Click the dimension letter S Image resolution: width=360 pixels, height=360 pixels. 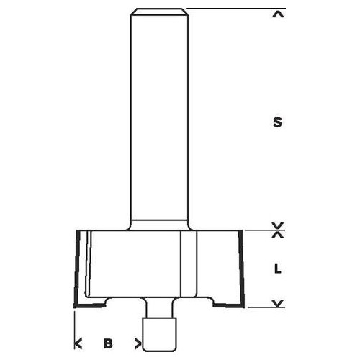277,122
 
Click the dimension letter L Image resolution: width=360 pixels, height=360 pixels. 278,269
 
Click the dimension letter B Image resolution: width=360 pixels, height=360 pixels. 108,343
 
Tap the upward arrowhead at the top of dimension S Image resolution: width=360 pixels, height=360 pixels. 278,15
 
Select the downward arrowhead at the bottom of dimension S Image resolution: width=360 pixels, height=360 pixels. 278,225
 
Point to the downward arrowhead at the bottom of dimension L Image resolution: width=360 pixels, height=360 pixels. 278,303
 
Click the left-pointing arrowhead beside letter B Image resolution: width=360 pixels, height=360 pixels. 78,343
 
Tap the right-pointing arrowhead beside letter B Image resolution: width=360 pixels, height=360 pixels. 138,343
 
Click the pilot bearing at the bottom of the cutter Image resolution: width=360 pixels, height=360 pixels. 160,334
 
